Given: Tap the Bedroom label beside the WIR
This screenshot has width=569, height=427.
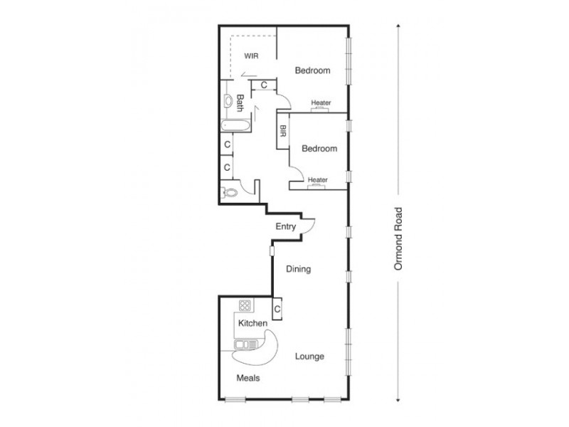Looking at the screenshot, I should (313, 70).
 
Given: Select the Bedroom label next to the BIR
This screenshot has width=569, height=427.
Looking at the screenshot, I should (319, 149).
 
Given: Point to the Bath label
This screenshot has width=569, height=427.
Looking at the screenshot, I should (240, 104).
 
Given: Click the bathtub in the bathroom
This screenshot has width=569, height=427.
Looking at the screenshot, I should (235, 127).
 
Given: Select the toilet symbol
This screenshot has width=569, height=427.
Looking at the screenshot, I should (229, 191).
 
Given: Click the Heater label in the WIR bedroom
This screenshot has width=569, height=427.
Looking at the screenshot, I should (321, 103).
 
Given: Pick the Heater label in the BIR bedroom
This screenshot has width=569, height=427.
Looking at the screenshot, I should (318, 180).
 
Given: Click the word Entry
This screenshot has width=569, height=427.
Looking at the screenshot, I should (286, 227).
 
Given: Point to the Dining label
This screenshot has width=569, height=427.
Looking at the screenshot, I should (299, 270).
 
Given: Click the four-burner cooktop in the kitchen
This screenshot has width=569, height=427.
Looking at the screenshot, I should (246, 306).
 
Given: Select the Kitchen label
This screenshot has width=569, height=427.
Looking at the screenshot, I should (252, 324).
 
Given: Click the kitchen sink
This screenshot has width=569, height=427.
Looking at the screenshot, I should (247, 345).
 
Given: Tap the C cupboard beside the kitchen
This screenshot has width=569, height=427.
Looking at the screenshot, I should (277, 310).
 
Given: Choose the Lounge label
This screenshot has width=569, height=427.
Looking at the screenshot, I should (310, 356).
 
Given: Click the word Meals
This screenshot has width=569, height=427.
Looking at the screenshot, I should (248, 378).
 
